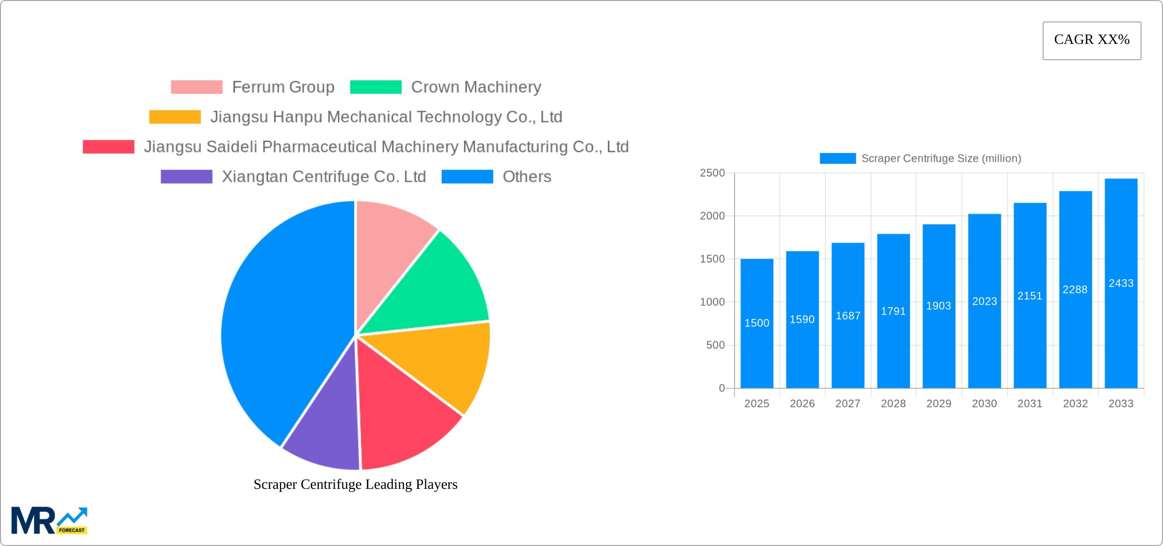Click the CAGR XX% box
coord(1092,40)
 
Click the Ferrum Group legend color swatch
coord(196,87)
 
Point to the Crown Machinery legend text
coord(476,87)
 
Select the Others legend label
coord(527,177)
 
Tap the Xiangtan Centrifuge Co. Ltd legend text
coord(324,177)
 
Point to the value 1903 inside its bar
coord(939,306)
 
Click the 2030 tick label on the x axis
coord(984,404)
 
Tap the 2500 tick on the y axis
coord(712,173)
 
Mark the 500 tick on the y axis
coord(715,345)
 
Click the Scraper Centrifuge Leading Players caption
coord(356,484)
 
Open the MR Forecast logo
coord(49,520)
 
